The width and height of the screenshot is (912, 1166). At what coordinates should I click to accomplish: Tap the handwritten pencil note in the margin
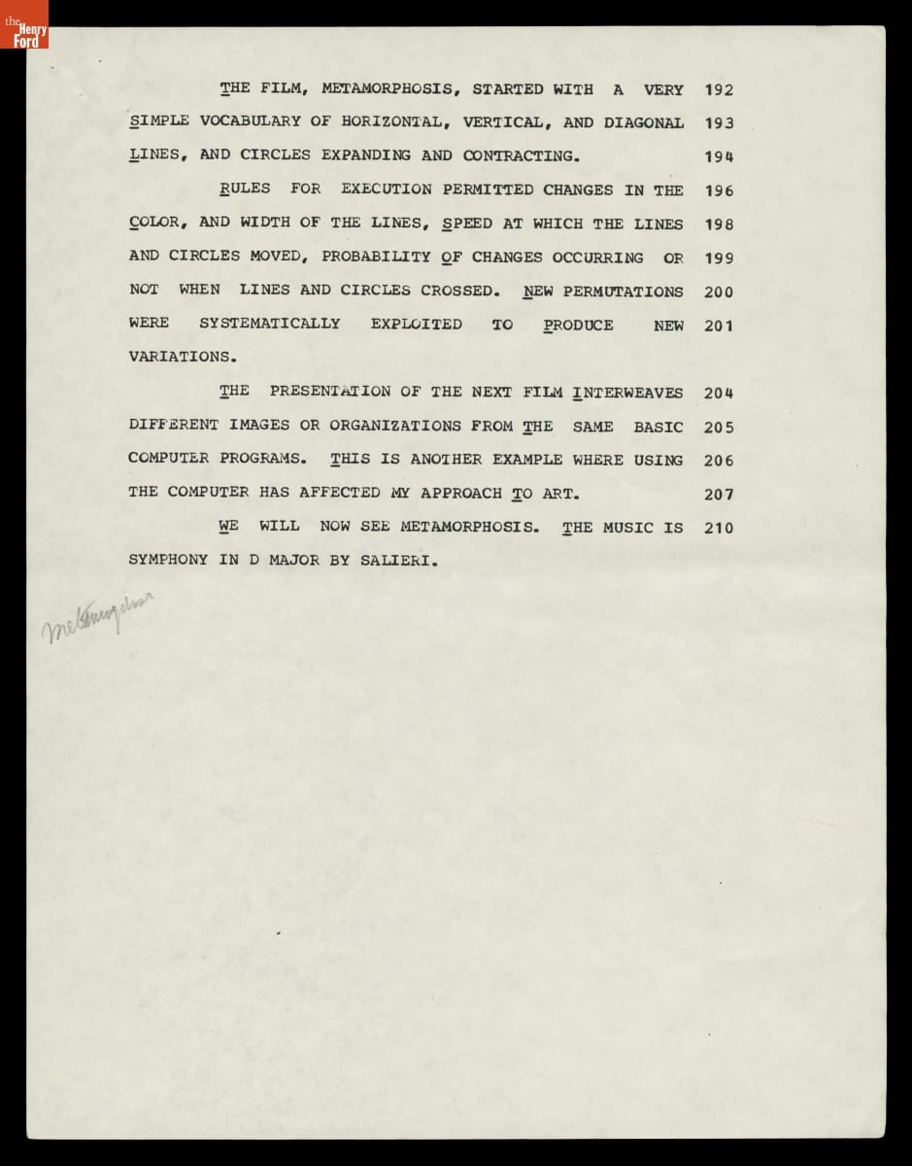point(97,618)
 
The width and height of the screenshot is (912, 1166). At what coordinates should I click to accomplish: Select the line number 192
point(719,90)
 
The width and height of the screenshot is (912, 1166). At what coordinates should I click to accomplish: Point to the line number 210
point(719,529)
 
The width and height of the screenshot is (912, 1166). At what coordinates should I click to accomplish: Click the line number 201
point(719,326)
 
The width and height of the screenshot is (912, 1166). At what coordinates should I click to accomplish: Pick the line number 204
point(719,394)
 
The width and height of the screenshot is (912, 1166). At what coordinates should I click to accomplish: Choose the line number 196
point(719,190)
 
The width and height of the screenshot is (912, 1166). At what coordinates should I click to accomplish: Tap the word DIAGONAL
point(643,122)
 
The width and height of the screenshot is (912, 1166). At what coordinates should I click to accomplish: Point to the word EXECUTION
point(386,189)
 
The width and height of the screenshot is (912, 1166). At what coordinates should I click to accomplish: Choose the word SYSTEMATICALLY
point(269,324)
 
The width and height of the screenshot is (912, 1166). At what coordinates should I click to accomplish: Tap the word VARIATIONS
point(182,357)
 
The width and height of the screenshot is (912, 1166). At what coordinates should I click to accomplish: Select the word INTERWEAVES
point(627,393)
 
